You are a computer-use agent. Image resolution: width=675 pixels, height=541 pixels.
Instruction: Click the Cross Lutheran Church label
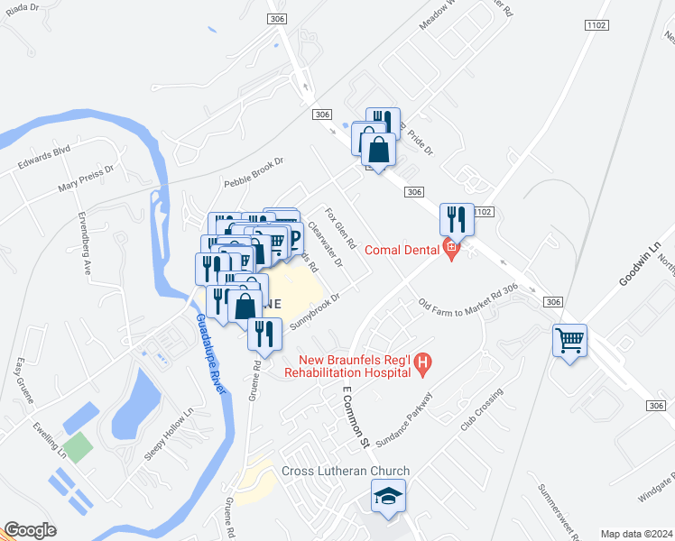[346, 472]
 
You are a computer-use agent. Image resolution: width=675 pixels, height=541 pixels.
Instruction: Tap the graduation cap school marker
[389, 496]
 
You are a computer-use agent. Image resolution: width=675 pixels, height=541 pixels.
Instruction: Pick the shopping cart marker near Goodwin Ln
[569, 340]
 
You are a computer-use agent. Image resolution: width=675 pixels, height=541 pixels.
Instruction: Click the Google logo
[30, 530]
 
